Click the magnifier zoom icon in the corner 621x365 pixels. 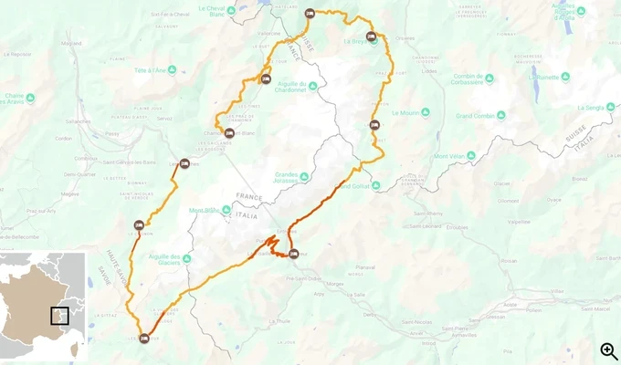click(608, 350)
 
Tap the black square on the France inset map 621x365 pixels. click(59, 316)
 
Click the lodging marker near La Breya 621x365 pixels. click(371, 36)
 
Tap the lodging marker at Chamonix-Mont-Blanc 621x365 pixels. click(229, 133)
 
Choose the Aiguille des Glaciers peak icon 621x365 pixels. click(186, 259)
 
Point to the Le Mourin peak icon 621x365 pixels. click(394, 113)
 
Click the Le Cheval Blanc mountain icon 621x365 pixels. click(231, 11)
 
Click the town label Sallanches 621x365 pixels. click(78, 120)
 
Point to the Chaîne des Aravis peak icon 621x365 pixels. click(31, 98)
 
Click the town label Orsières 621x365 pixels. click(405, 38)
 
